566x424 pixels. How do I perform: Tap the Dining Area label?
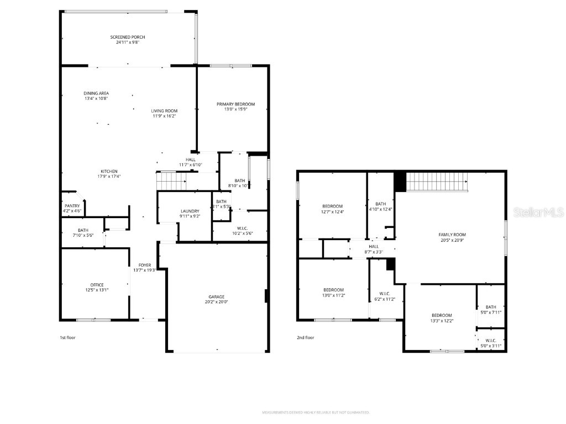96,93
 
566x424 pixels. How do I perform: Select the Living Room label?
164,111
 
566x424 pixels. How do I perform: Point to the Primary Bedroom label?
235,104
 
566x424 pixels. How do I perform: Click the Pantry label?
72,206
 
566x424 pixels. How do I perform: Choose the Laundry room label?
190,211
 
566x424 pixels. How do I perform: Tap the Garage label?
216,296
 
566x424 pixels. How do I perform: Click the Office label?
97,285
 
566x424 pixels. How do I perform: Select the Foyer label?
145,266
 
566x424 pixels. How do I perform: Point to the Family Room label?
452,235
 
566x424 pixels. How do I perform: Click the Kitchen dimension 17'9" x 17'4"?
109,177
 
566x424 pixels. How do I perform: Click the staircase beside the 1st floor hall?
171,181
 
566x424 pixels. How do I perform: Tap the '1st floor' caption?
67,337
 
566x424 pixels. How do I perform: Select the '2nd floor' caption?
305,337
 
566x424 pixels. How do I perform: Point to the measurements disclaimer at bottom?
316,412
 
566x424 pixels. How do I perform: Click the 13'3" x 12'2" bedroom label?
442,318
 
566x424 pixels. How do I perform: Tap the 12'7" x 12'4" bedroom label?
332,209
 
